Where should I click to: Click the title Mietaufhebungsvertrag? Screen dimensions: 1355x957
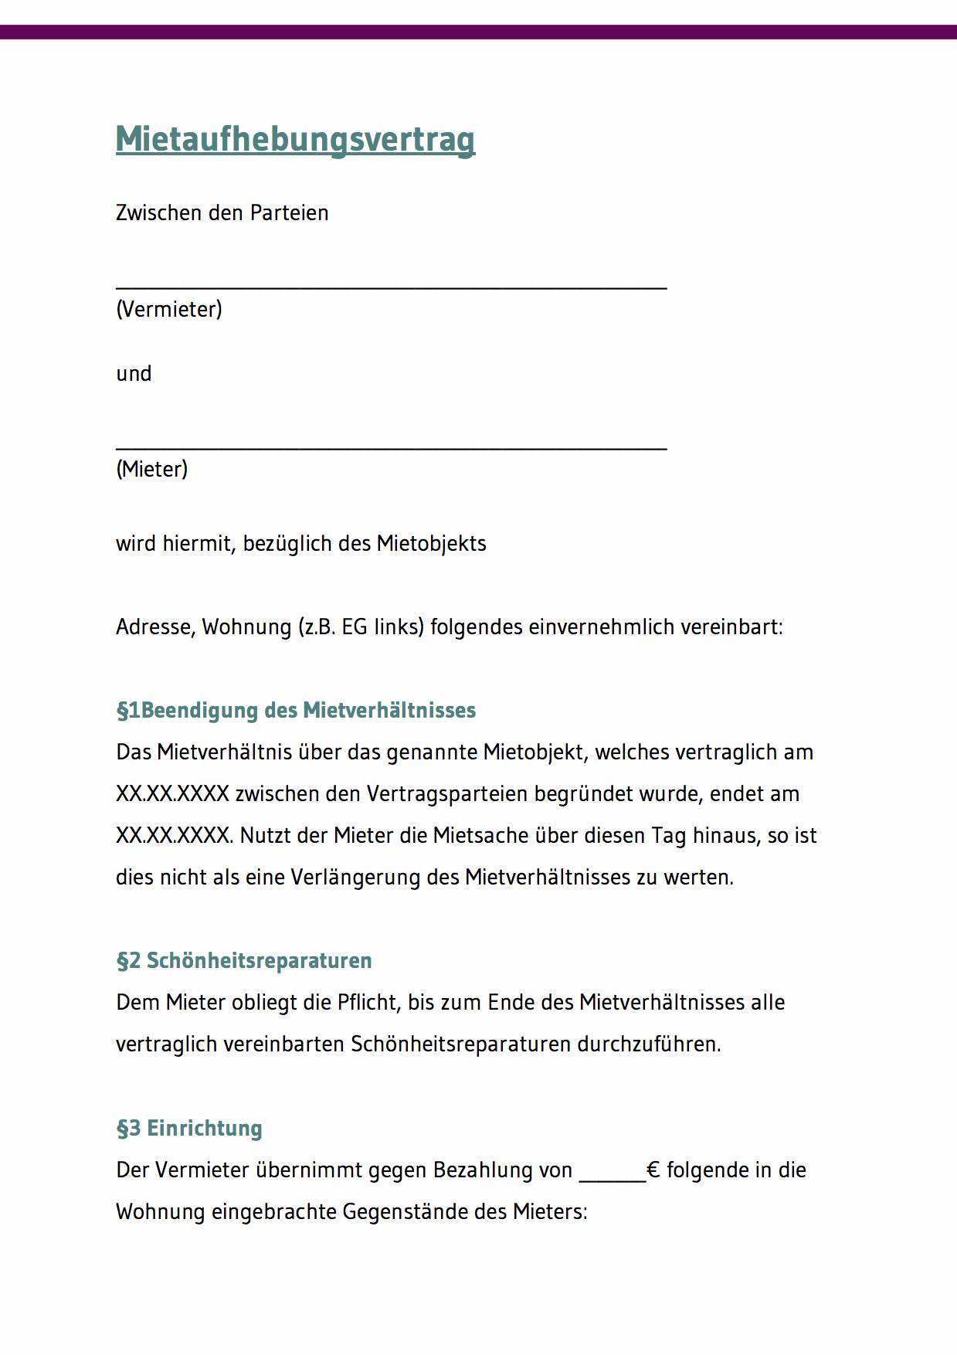click(x=295, y=140)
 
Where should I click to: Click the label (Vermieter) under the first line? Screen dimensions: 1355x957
click(x=169, y=309)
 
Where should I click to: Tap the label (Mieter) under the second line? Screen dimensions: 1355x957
click(x=152, y=469)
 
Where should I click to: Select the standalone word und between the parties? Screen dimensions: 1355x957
click(x=134, y=374)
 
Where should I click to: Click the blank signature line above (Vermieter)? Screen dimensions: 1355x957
click(x=391, y=287)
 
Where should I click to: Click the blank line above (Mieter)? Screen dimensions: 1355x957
click(x=391, y=447)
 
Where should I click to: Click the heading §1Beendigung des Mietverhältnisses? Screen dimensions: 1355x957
click(x=296, y=710)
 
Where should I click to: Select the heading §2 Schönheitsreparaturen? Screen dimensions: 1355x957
click(x=244, y=960)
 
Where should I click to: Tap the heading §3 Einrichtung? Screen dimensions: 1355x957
click(x=189, y=1128)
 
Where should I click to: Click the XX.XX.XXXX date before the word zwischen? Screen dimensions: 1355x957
click(x=172, y=794)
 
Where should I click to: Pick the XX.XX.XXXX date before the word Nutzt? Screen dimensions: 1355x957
click(x=172, y=836)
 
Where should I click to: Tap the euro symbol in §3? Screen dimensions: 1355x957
click(x=653, y=1170)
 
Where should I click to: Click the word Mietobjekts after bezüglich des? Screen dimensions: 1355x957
click(x=431, y=544)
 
